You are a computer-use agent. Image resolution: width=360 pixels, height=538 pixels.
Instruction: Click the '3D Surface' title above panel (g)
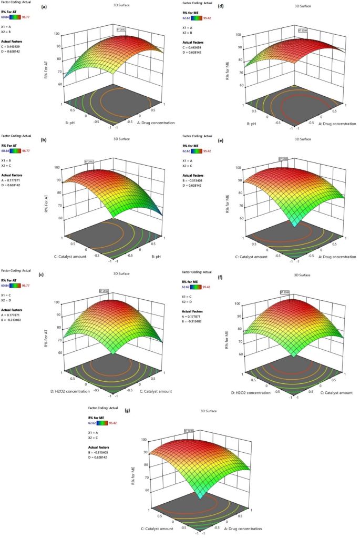(209, 411)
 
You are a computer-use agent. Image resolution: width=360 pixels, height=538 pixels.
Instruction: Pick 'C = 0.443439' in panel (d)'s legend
(194, 48)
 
